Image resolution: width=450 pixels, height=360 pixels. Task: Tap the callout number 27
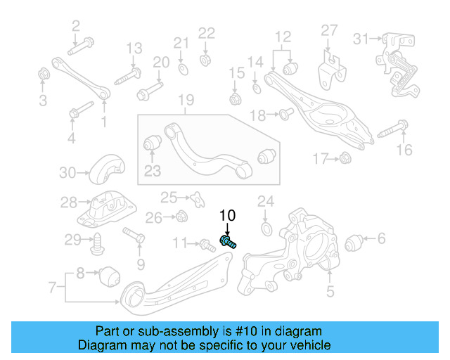pos(330,30)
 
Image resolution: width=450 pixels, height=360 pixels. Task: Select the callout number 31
pos(361,37)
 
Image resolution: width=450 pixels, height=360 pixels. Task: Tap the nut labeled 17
pos(345,159)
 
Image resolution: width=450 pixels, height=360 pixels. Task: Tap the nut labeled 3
pos(43,73)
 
